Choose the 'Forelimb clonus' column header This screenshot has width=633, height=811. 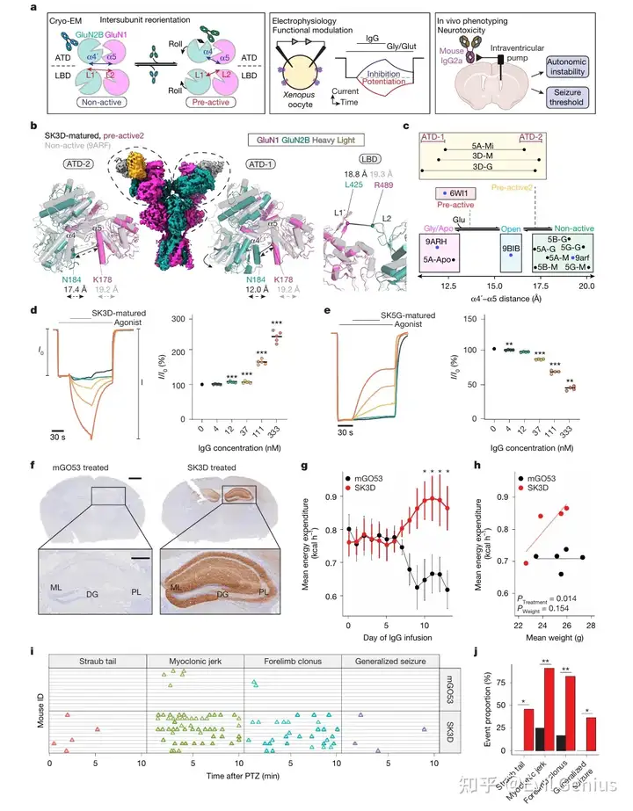(x=290, y=660)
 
